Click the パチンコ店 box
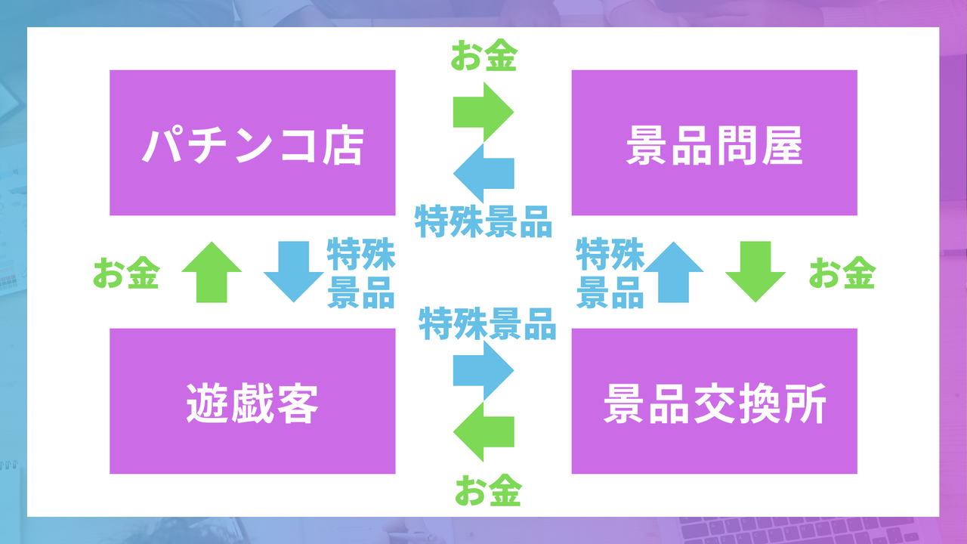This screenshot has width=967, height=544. tap(252, 143)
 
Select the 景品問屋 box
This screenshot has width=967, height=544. tap(714, 143)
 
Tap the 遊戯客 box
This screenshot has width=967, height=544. tap(252, 401)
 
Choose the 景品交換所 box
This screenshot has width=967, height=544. tap(714, 401)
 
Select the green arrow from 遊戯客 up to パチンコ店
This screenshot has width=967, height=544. tap(212, 272)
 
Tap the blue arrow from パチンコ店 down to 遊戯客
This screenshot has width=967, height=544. tap(293, 272)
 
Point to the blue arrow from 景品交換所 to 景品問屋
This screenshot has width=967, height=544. tap(673, 272)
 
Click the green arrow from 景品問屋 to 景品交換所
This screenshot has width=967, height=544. tap(755, 272)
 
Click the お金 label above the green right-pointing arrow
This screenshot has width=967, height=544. tap(483, 57)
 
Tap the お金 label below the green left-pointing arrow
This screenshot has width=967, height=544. tap(488, 492)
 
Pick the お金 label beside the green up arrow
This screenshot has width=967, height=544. tap(125, 274)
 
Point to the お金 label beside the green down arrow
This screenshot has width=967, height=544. tap(842, 274)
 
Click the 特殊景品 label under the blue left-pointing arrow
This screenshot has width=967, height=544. tap(483, 221)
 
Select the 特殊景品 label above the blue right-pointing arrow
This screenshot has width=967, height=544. tap(488, 324)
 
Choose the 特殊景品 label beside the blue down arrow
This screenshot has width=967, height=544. tap(360, 273)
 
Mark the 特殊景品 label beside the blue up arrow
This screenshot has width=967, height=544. tap(609, 273)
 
